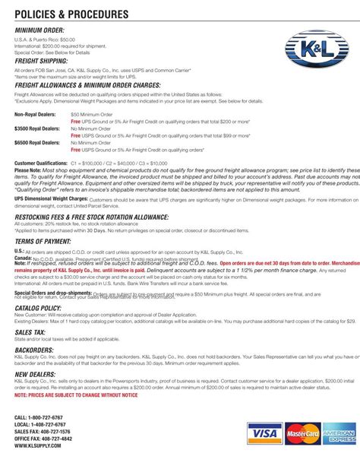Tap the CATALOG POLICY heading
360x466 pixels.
click(39, 308)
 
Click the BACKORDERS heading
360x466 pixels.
click(34, 350)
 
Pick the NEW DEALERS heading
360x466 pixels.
click(36, 375)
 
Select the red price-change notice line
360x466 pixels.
click(76, 395)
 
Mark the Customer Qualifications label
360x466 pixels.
click(41, 163)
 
